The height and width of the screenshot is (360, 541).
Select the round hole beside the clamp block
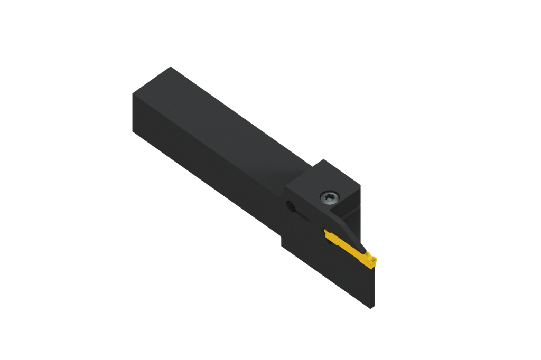point(290,206)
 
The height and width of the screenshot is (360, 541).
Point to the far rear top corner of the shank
point(170,67)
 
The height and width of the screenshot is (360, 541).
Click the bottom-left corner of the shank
point(133,131)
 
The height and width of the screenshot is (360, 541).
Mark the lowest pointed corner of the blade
point(372,308)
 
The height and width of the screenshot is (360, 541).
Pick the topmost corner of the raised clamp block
point(323,159)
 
